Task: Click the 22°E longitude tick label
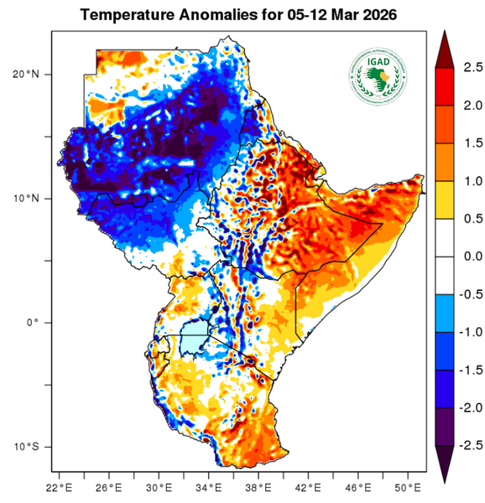(x=58, y=488)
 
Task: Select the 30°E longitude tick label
(x=158, y=488)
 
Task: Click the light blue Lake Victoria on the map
(x=195, y=341)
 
